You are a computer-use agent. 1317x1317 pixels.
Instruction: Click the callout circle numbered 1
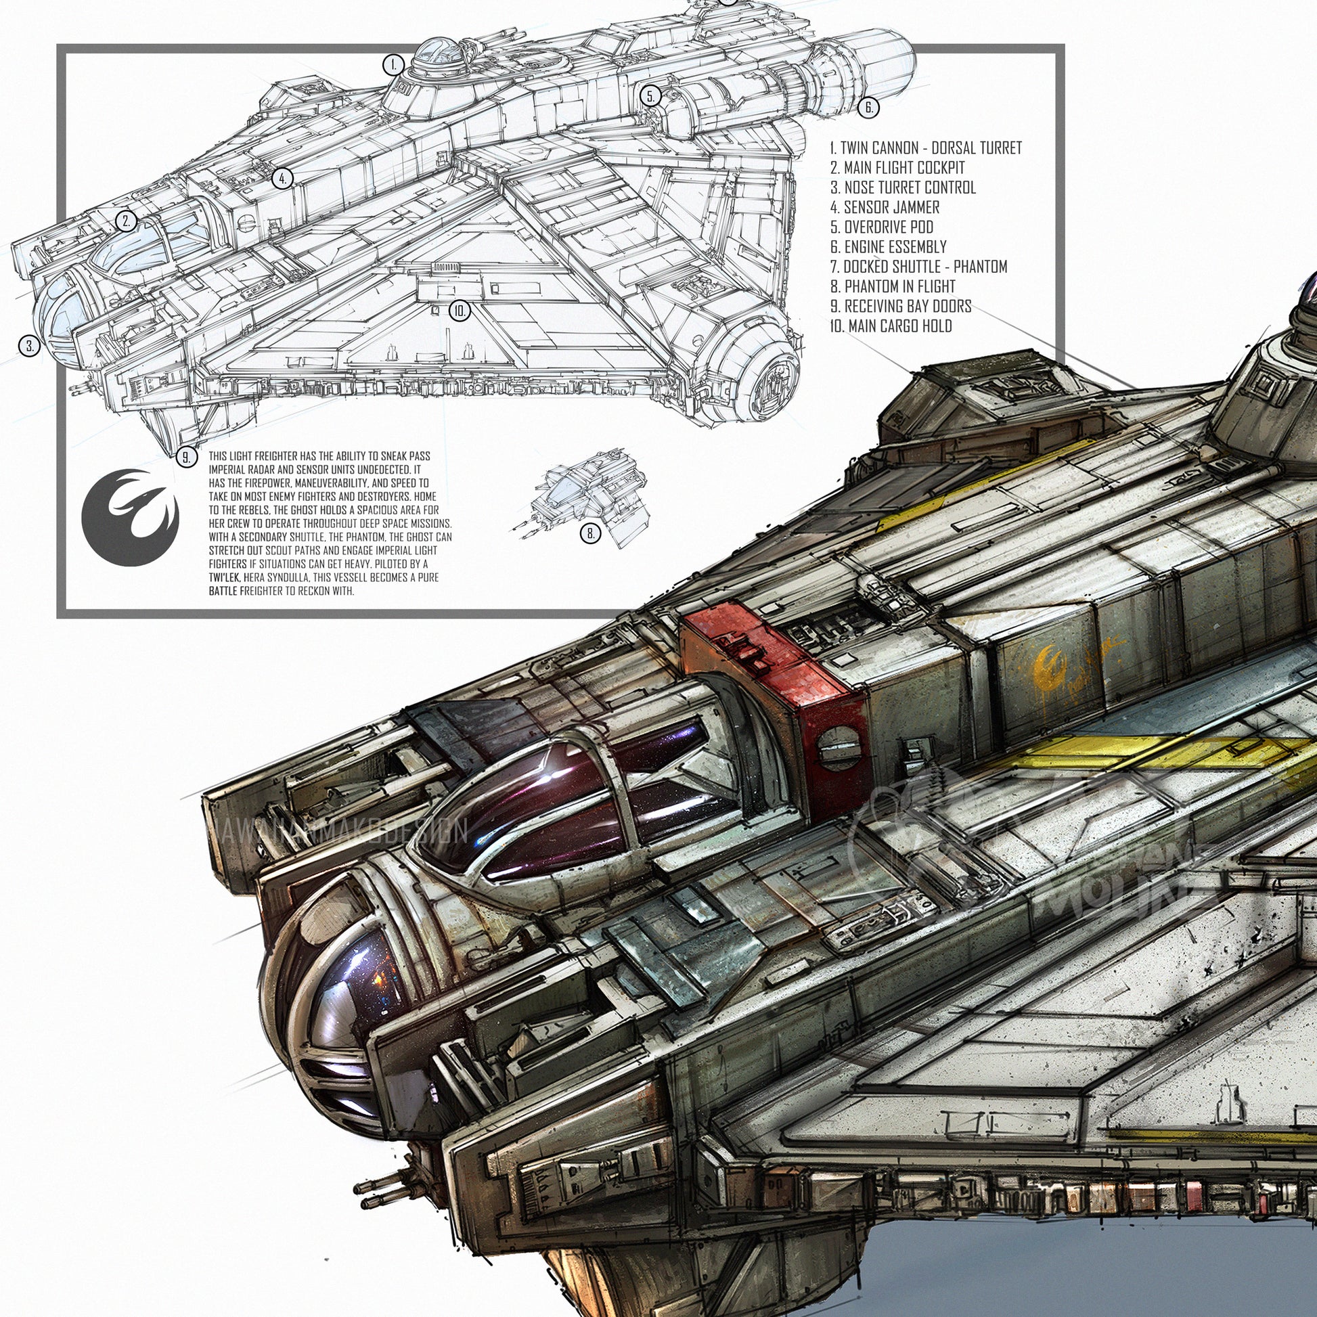pos(393,66)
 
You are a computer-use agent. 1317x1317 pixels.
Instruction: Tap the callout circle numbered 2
pos(126,221)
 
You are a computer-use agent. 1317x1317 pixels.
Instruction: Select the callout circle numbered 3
pos(29,347)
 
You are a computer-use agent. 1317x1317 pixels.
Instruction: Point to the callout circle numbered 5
pos(651,96)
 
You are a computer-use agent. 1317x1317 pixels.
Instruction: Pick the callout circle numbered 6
pos(868,107)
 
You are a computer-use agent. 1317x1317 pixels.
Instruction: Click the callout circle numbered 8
pos(590,534)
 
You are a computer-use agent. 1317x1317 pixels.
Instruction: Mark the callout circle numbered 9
pos(186,457)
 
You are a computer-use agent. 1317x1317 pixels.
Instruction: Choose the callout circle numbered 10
pos(460,311)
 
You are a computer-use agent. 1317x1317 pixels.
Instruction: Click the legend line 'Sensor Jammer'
pos(885,207)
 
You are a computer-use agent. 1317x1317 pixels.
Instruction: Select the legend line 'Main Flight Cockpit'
pos(897,168)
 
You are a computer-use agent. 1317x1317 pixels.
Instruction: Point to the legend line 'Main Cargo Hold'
pos(890,326)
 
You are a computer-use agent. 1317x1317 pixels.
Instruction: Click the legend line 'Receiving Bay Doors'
pos(901,306)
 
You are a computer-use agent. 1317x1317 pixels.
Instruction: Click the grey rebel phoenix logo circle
pos(130,517)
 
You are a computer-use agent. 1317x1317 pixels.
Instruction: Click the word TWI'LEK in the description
pos(224,577)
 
